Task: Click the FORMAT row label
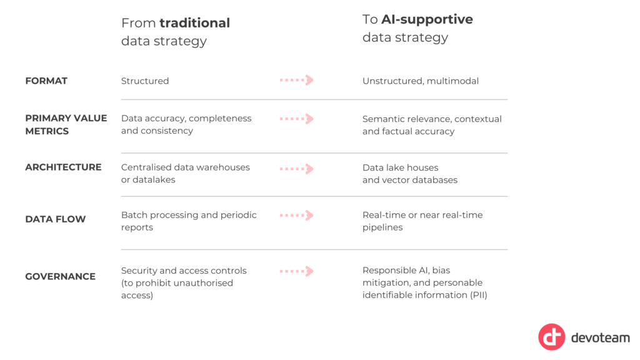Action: (x=46, y=81)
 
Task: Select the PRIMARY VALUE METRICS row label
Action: (x=66, y=124)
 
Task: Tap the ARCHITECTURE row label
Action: (x=63, y=167)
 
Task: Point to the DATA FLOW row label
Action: (x=56, y=219)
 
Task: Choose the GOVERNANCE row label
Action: (x=61, y=276)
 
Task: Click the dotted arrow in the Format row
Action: (x=297, y=80)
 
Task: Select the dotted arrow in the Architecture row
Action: (x=297, y=169)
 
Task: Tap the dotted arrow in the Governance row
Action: (x=297, y=271)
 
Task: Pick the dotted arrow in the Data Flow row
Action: (x=297, y=215)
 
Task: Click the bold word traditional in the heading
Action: (x=195, y=23)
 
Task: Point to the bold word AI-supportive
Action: (x=427, y=19)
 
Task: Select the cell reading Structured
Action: (x=145, y=81)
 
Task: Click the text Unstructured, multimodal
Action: (x=421, y=81)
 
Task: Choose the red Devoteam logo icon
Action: (x=551, y=337)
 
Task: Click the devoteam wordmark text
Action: (x=601, y=337)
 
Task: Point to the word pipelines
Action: (x=382, y=227)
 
